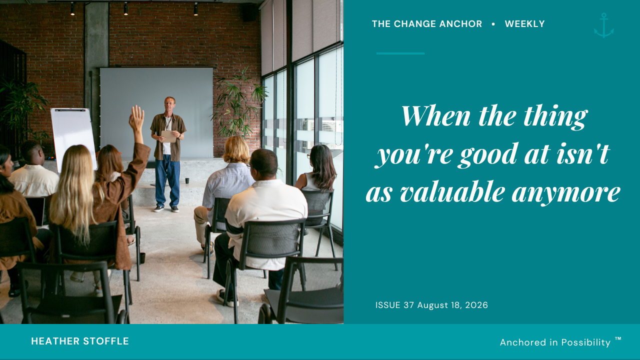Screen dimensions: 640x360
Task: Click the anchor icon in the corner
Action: pyautogui.click(x=603, y=25)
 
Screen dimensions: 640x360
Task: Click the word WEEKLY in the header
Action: pyautogui.click(x=524, y=24)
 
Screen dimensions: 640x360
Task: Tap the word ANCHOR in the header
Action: pyautogui.click(x=460, y=24)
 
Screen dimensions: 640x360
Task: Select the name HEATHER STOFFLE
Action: pyautogui.click(x=80, y=341)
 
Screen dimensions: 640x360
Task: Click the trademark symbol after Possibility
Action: pyautogui.click(x=618, y=339)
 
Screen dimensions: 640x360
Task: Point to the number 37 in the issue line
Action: pyautogui.click(x=408, y=305)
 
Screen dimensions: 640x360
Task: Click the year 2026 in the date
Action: pyautogui.click(x=476, y=305)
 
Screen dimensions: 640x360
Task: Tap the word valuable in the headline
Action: pyautogui.click(x=452, y=192)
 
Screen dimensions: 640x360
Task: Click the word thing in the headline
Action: pyautogui.click(x=555, y=117)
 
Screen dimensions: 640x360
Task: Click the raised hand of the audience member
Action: pyautogui.click(x=136, y=117)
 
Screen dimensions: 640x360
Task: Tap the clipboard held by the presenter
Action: pyautogui.click(x=168, y=136)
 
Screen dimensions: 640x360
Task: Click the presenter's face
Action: pyautogui.click(x=169, y=105)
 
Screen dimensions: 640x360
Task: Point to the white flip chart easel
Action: pyautogui.click(x=73, y=140)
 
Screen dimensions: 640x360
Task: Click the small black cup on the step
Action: pyautogui.click(x=187, y=180)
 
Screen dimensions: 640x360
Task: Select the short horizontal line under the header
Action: pyautogui.click(x=400, y=53)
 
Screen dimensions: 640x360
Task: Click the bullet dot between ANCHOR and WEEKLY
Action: pyautogui.click(x=493, y=24)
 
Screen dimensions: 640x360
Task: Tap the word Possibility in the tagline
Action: pyautogui.click(x=585, y=342)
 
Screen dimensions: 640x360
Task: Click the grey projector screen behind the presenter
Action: pyautogui.click(x=156, y=113)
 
